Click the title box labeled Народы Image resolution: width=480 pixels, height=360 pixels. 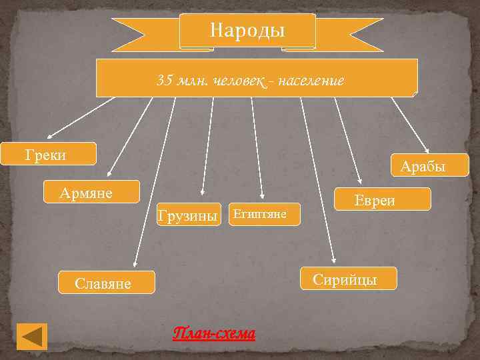pos(247,31)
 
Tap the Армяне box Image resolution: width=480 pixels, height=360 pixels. pos(91,192)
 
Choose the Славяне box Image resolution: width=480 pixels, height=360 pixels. pos(107,283)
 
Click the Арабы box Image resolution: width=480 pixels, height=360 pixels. pos(422,167)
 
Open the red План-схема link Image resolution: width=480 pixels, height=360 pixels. pos(214,333)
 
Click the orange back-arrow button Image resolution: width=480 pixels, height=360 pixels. pos(31,336)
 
